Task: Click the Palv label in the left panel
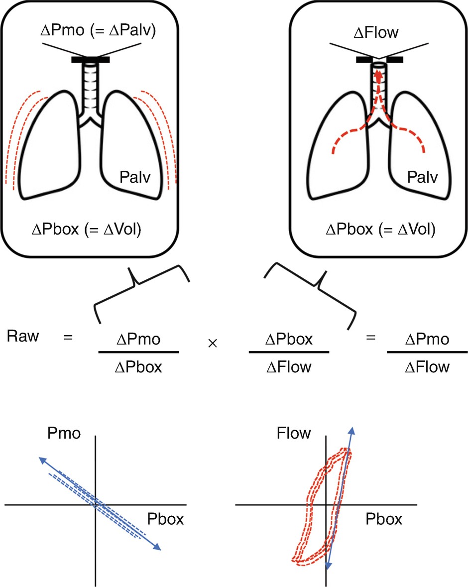(x=135, y=176)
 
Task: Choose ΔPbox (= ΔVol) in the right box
(x=380, y=231)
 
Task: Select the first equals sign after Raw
(x=68, y=337)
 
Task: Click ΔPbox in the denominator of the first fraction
(x=138, y=367)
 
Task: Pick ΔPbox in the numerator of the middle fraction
(x=289, y=340)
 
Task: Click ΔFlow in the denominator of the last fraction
(x=427, y=367)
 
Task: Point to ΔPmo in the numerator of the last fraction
(x=427, y=340)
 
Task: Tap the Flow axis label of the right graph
(x=293, y=433)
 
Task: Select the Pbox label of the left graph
(x=166, y=520)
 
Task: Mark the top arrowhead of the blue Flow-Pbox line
(x=352, y=430)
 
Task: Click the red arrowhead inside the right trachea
(x=378, y=75)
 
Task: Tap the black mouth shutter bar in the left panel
(x=90, y=60)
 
